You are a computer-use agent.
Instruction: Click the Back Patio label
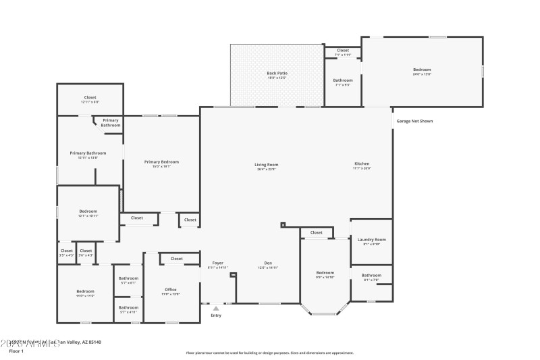coord(277,73)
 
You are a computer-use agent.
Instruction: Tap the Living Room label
coord(266,164)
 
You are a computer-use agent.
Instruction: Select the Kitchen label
coord(362,164)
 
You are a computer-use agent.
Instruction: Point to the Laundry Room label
coord(371,240)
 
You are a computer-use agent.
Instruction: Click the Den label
coord(268,263)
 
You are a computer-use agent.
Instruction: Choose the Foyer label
coord(217,263)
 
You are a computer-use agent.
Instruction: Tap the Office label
coord(170,290)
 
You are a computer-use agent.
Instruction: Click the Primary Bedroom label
coord(161,162)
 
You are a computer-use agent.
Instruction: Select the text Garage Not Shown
coord(414,121)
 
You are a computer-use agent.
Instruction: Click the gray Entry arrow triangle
coord(216,309)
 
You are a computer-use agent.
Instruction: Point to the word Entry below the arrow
coord(216,315)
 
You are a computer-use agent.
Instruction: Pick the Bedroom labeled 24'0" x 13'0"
coord(422,70)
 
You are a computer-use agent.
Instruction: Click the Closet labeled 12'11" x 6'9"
coord(90,97)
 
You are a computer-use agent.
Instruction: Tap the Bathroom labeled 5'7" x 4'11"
coord(128,307)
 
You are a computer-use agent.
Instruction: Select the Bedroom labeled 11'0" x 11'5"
coord(85,292)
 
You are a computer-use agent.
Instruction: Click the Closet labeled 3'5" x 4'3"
coord(66,251)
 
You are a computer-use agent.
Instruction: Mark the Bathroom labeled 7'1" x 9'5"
coord(343,80)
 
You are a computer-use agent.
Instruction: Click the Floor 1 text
coord(16,351)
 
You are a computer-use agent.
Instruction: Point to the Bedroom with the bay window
coord(325,273)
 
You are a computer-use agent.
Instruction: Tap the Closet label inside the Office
coord(176,259)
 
